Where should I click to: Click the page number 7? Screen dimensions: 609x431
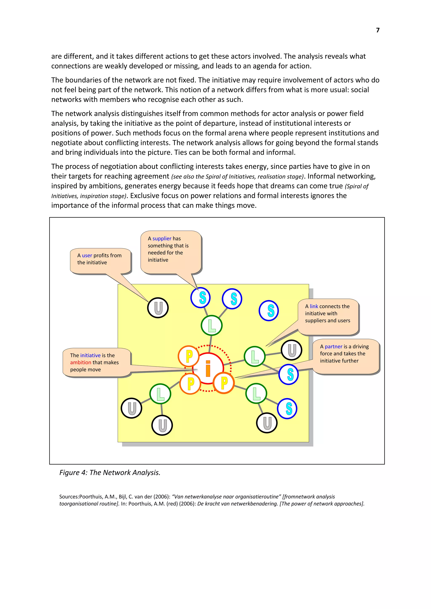coord(378,30)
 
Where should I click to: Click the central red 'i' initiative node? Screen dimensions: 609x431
coord(208,368)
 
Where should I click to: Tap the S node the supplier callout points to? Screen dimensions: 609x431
coord(201,297)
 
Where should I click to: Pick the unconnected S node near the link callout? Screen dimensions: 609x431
coord(269,311)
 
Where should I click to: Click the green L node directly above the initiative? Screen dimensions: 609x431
coord(212,326)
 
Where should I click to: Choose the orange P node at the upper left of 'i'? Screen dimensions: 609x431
coord(189,356)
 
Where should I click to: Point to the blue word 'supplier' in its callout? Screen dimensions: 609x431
coord(162,238)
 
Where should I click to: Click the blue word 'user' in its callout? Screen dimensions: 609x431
coord(87,256)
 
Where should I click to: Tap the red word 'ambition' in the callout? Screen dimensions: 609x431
coord(81,362)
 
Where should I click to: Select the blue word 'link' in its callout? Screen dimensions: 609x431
coord(314,306)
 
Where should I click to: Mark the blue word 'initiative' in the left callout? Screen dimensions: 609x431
coord(90,355)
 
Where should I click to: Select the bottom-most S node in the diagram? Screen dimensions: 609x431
coord(287,408)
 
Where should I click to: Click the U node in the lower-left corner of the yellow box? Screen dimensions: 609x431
coord(132,408)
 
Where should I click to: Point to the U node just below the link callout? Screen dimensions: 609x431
coord(291,350)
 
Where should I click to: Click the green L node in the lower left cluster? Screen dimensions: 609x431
coord(160,394)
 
